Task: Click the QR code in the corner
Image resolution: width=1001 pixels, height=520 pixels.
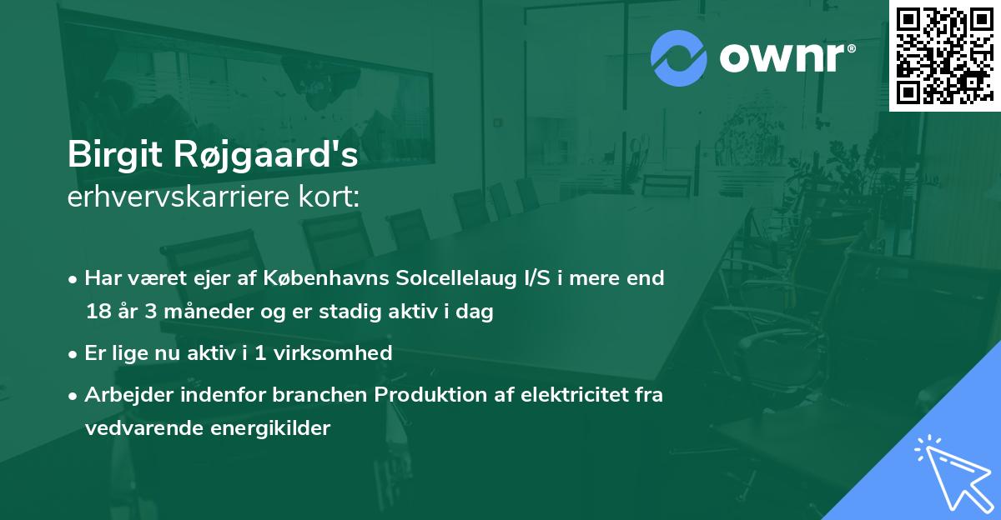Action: [944, 55]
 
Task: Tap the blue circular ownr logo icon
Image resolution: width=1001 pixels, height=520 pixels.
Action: [678, 58]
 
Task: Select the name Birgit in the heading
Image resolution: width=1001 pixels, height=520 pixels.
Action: [116, 156]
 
